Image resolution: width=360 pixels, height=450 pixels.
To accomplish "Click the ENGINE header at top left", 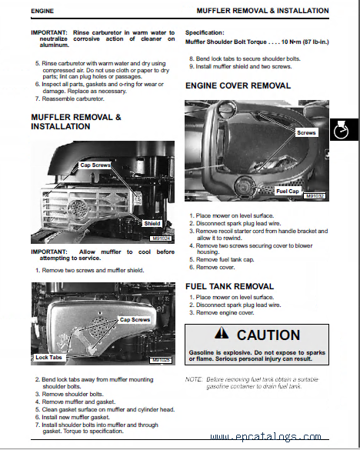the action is pyautogui.click(x=42, y=12).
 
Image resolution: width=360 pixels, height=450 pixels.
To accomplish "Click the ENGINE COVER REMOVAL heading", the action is pyautogui.click(x=238, y=86).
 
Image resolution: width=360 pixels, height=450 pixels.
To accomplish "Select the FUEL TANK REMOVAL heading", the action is pyautogui.click(x=230, y=286).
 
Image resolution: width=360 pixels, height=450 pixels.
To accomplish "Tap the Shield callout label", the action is pyautogui.click(x=152, y=224).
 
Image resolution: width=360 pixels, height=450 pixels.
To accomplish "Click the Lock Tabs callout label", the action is pyautogui.click(x=48, y=357).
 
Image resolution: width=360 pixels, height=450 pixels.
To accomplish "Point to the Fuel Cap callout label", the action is pyautogui.click(x=288, y=191).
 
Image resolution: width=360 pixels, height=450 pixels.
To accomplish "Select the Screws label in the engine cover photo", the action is pyautogui.click(x=306, y=132).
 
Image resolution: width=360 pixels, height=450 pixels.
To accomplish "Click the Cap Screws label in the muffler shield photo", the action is pyautogui.click(x=95, y=165).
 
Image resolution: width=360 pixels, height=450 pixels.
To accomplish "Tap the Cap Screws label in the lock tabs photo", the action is pyautogui.click(x=135, y=320).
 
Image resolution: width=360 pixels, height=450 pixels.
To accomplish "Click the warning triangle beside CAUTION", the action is pyautogui.click(x=222, y=334).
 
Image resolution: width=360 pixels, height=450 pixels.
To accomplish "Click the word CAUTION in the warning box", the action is pyautogui.click(x=268, y=335).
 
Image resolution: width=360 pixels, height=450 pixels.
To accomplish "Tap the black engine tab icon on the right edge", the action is pyautogui.click(x=344, y=130).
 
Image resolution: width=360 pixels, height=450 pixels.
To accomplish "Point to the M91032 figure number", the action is pyautogui.click(x=315, y=196).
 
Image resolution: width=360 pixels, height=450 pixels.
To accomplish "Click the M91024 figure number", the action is pyautogui.click(x=162, y=238).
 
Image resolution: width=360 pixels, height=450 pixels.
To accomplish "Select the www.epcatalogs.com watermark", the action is pyautogui.click(x=265, y=437).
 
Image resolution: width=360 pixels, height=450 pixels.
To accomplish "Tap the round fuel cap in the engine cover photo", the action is pyautogui.click(x=245, y=185).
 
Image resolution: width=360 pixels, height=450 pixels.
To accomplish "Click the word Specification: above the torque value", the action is pyautogui.click(x=205, y=33).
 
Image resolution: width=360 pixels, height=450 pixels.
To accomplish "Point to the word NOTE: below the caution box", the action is pyautogui.click(x=194, y=379).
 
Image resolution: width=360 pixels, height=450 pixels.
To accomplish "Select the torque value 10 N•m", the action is pyautogui.click(x=291, y=42).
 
